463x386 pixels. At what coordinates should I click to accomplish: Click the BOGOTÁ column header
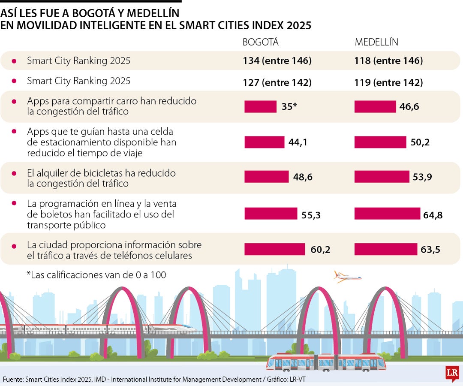click(x=261, y=42)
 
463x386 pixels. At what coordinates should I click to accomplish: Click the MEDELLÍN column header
click(x=376, y=42)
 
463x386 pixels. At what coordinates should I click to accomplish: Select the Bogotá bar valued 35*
click(x=260, y=107)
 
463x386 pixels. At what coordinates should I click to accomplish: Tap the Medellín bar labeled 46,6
click(x=375, y=107)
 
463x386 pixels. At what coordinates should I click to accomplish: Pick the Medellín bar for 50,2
click(x=380, y=142)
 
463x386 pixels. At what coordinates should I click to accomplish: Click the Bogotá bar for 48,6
click(x=267, y=177)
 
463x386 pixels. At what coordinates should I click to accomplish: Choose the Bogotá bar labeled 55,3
click(x=271, y=214)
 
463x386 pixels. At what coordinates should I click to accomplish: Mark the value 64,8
click(x=433, y=215)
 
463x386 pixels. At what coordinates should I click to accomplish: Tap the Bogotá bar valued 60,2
click(x=274, y=249)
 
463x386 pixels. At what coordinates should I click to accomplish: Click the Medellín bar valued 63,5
click(x=386, y=249)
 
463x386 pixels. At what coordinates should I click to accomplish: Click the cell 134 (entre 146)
click(x=277, y=61)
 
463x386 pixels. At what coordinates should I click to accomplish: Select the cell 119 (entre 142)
click(x=388, y=82)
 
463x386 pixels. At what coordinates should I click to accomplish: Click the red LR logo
click(x=452, y=373)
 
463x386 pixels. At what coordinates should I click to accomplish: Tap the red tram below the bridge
click(x=326, y=363)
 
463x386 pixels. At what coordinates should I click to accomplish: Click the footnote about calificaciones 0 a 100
click(x=96, y=275)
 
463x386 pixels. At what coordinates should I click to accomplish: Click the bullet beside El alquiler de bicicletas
click(x=14, y=174)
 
